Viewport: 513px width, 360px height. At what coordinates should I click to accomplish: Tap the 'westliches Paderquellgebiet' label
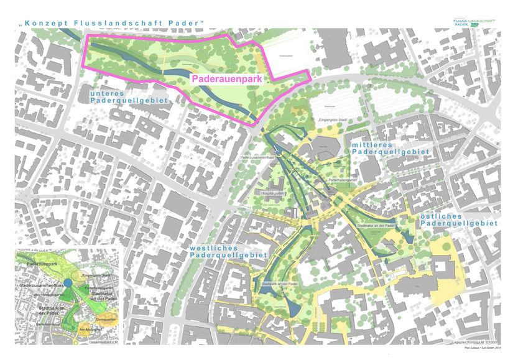[x=229, y=251]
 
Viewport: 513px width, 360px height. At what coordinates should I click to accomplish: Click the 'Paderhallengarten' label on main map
[x=343, y=180]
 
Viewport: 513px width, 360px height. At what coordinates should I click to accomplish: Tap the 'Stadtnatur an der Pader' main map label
[x=377, y=225]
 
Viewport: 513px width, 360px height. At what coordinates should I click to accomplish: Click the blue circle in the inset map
[x=68, y=284]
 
